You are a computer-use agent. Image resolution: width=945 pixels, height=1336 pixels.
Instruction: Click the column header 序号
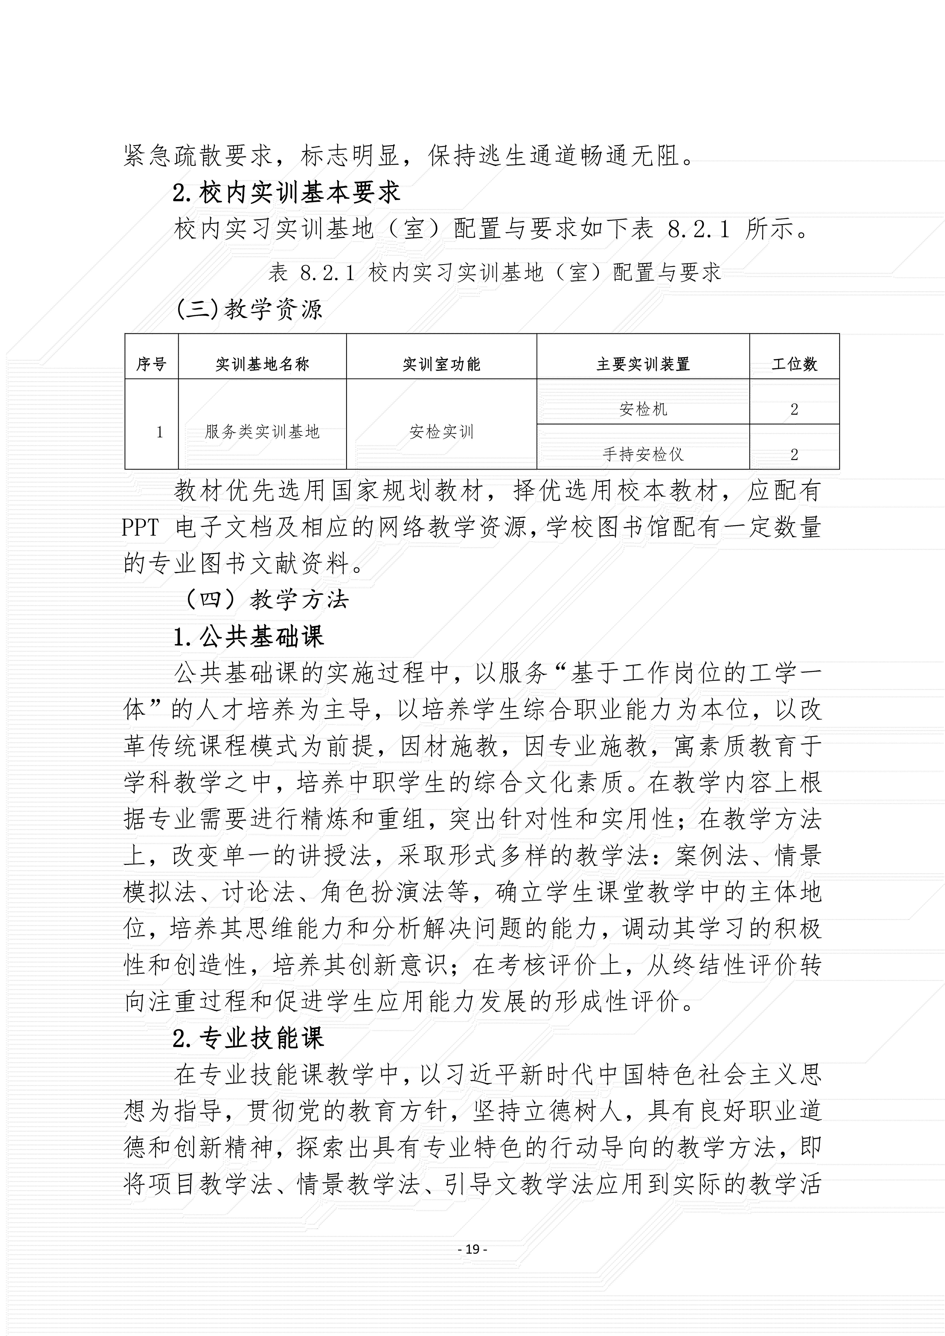click(151, 364)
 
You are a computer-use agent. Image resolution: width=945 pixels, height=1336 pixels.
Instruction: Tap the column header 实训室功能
click(441, 364)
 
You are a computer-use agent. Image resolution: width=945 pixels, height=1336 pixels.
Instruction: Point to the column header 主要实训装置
click(643, 364)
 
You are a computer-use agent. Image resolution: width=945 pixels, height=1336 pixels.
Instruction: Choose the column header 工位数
click(794, 364)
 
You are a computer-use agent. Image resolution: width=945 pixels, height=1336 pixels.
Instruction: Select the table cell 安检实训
click(441, 432)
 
